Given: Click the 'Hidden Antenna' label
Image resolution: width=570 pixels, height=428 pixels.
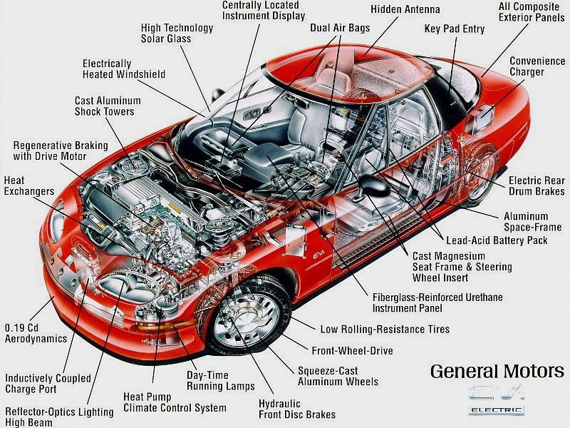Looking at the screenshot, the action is (405, 9).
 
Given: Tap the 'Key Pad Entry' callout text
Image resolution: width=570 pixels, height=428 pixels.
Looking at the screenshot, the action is (455, 29).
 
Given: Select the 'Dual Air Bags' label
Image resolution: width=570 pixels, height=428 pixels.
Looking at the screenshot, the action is (340, 28).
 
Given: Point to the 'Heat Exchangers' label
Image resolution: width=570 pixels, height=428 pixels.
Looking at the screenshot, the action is (29, 185).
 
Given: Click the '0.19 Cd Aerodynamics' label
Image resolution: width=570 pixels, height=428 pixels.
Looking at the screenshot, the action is (36, 333).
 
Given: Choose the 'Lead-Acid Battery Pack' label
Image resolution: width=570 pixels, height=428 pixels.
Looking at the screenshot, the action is (497, 240).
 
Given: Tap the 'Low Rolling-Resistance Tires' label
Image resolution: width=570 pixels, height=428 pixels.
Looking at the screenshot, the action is (385, 330).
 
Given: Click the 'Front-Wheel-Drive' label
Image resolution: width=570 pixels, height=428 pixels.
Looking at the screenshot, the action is (352, 350).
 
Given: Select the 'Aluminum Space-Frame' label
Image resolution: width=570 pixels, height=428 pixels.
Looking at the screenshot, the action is (532, 222).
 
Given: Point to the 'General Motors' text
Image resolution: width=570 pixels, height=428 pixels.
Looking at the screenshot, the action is (497, 372).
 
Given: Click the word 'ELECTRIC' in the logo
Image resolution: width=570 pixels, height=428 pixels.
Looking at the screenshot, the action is (497, 411).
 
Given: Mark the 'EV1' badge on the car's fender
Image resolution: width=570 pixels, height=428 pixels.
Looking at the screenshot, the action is (318, 255).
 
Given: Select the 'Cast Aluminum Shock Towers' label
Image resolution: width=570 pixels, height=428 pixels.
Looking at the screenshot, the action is (108, 106).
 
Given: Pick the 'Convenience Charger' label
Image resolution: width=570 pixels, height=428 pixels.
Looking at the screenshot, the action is (537, 66).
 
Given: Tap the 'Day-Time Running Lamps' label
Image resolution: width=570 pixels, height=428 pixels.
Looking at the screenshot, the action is (221, 381).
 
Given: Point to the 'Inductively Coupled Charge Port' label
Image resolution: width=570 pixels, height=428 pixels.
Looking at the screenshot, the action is (48, 384).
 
